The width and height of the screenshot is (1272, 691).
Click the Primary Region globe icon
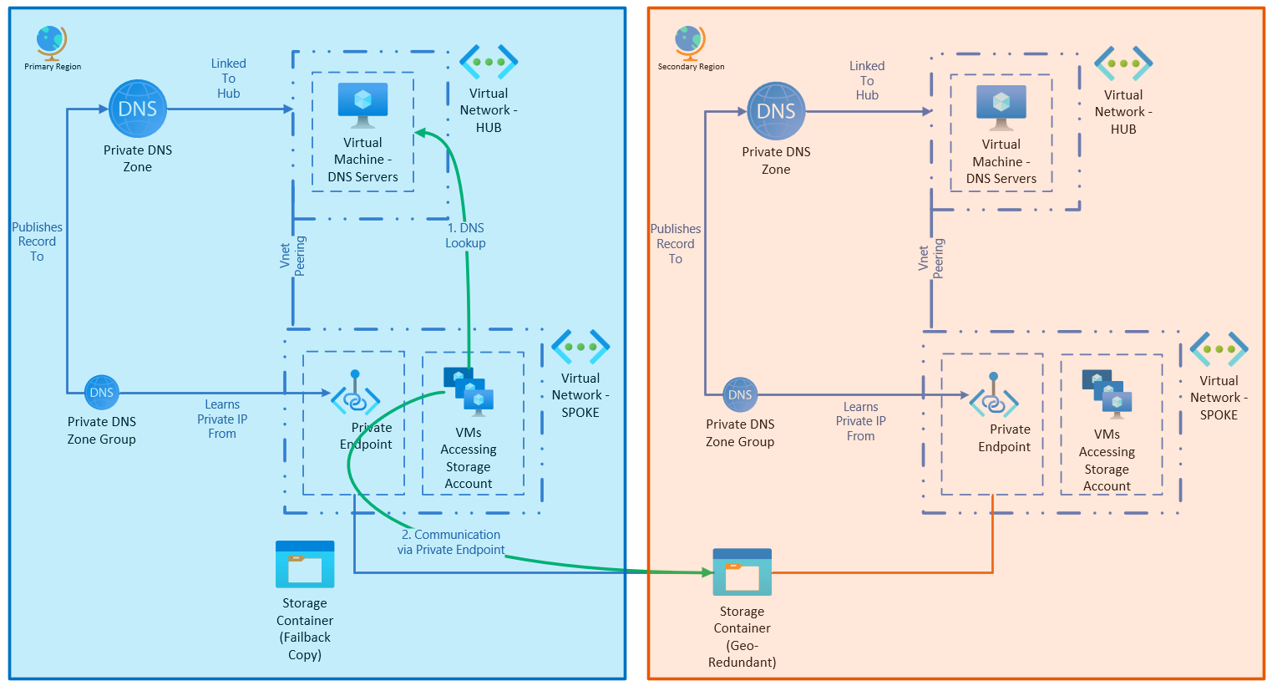(x=51, y=41)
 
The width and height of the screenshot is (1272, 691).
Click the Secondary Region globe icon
(x=690, y=43)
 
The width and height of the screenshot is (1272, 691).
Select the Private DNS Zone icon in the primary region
(x=138, y=109)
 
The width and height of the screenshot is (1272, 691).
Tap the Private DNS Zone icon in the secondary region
(x=776, y=111)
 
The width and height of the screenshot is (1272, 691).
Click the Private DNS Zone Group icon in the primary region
(x=102, y=392)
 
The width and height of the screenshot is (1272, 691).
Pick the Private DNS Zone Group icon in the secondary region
(x=740, y=394)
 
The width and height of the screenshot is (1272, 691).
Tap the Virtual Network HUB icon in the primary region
(x=489, y=63)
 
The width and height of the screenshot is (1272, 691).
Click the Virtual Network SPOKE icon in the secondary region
(x=1219, y=349)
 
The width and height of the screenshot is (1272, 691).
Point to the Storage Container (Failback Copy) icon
(x=305, y=565)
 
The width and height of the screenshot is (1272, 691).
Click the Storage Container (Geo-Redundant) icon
(x=742, y=572)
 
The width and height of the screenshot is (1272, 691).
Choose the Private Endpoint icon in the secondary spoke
(x=994, y=398)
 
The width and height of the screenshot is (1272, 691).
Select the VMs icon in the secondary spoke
(x=1107, y=394)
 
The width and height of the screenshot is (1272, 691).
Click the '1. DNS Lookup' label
(x=465, y=235)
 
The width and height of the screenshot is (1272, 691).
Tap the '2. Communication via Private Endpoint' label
(x=451, y=542)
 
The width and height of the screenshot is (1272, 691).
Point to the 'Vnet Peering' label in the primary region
(x=292, y=255)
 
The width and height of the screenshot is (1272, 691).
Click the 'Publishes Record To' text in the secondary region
(x=676, y=244)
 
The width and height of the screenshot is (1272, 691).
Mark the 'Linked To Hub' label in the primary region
(x=228, y=79)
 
